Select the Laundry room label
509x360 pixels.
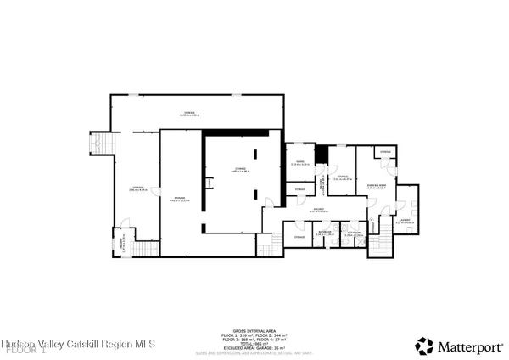pyautogui.click(x=405, y=221)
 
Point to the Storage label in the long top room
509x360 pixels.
pyautogui.click(x=190, y=112)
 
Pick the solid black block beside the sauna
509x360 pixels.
pyautogui.click(x=321, y=155)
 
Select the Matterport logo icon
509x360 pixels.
pyautogui.click(x=424, y=345)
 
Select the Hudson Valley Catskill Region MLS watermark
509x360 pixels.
pyautogui.click(x=79, y=343)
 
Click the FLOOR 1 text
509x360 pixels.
pyautogui.click(x=26, y=349)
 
